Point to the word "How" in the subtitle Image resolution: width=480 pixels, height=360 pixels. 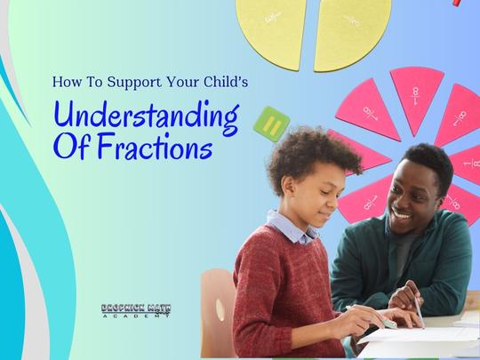[66, 81]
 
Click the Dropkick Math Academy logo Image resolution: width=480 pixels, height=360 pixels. [135, 313]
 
